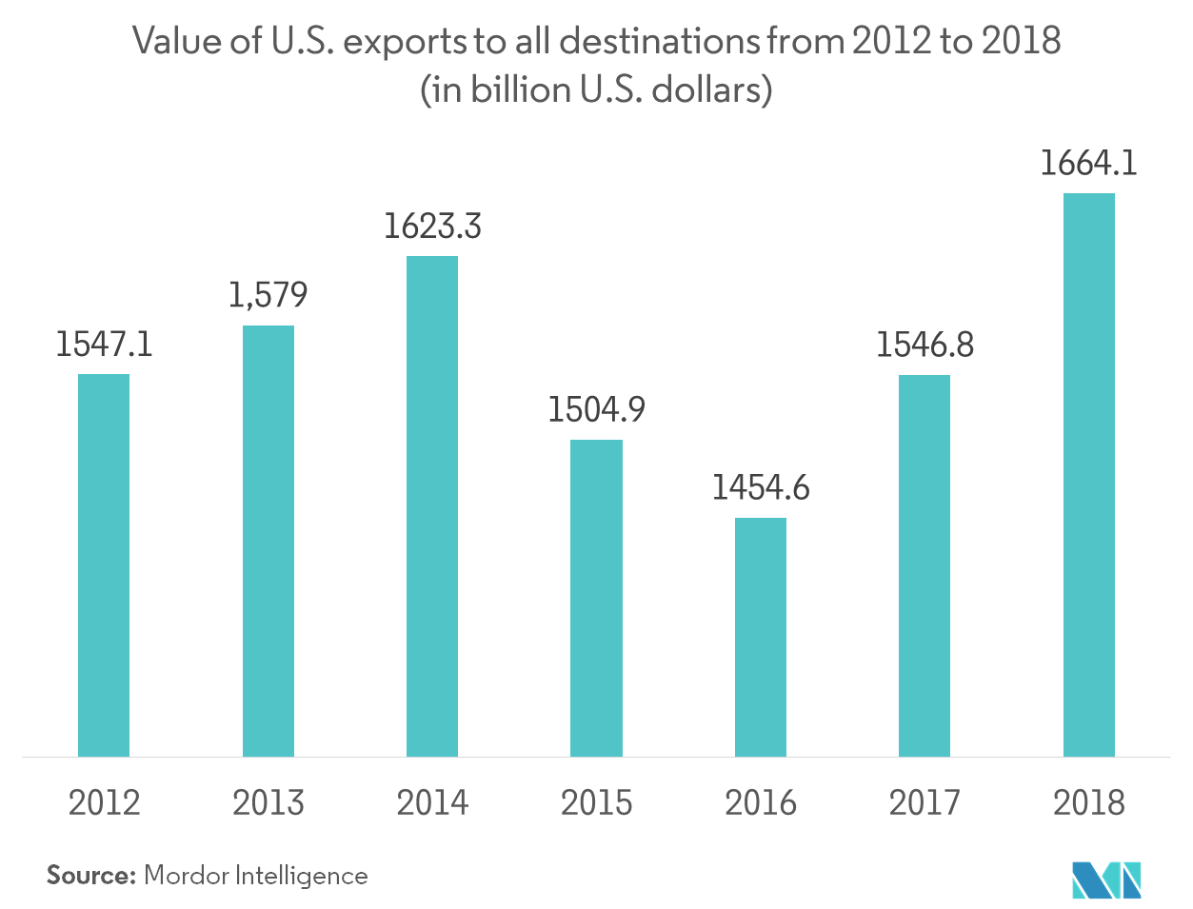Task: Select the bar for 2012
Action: (x=103, y=565)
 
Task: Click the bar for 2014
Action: (x=431, y=506)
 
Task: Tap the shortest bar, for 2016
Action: (x=761, y=637)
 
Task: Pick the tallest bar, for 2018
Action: (x=1088, y=475)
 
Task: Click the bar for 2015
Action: (x=596, y=598)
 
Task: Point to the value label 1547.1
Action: (x=103, y=344)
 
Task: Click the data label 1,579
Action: (x=268, y=295)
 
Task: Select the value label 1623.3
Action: (x=432, y=227)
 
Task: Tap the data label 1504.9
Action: (x=596, y=409)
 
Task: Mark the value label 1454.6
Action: (x=761, y=487)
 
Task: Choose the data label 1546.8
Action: (x=925, y=345)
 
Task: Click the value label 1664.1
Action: (x=1088, y=164)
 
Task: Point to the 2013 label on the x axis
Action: (x=268, y=803)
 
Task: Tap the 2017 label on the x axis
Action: (x=925, y=803)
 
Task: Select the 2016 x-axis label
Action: (x=761, y=803)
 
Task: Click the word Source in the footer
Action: (x=90, y=875)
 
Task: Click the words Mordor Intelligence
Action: (x=255, y=875)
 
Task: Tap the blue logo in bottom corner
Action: (x=1106, y=879)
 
